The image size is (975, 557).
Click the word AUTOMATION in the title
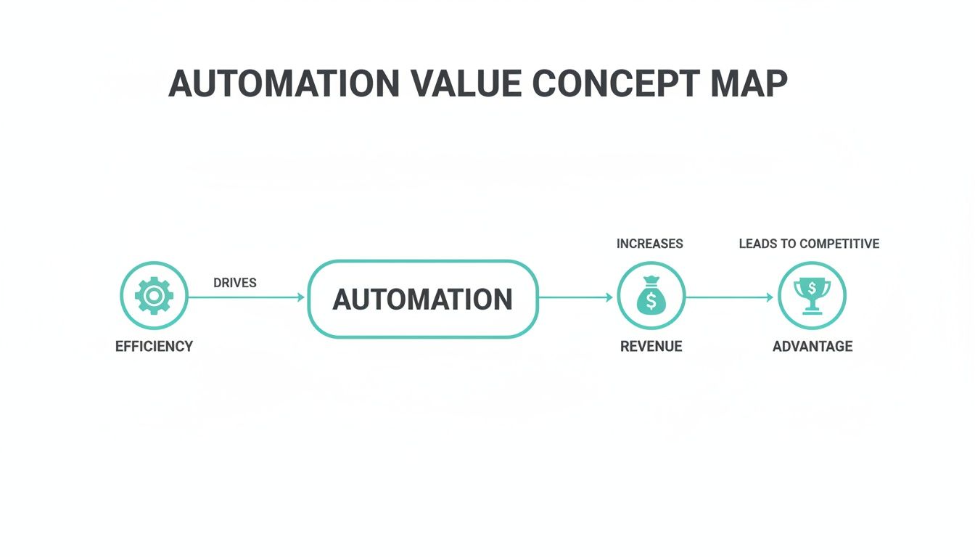click(284, 84)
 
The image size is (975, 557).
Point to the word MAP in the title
click(749, 84)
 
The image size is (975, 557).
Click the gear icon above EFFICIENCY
click(154, 296)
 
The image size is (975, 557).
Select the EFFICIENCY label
click(154, 347)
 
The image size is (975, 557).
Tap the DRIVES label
click(234, 283)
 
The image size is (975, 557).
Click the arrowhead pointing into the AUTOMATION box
click(300, 297)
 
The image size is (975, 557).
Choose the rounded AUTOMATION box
click(423, 299)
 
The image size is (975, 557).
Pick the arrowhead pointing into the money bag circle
click(609, 297)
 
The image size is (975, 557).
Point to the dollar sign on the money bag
click(651, 300)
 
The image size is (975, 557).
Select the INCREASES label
click(649, 244)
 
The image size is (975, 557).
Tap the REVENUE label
click(651, 347)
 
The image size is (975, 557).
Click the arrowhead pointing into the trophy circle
click(770, 297)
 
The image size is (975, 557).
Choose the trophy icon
click(812, 295)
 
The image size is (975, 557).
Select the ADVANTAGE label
click(812, 347)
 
